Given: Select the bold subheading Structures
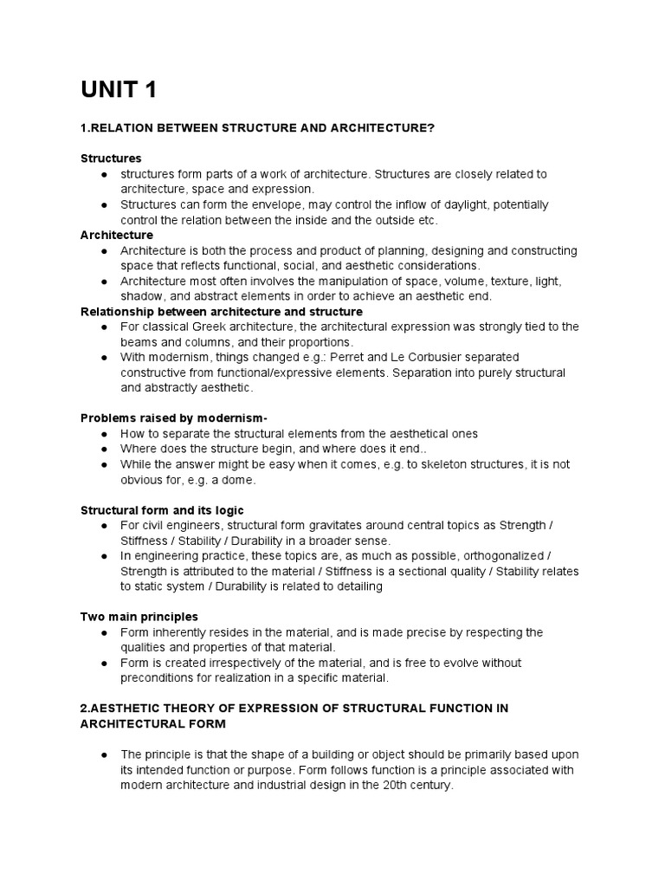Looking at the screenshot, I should click(111, 159).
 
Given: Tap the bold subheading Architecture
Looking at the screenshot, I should click(117, 235).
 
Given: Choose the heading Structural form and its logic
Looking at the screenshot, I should click(162, 510).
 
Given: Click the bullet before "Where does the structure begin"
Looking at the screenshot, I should click(104, 449).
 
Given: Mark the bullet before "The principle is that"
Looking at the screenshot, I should click(104, 754).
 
